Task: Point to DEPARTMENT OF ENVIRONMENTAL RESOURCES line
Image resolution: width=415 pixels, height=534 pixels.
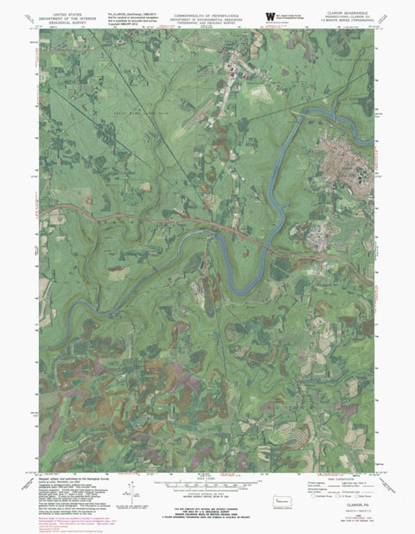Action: coord(207,20)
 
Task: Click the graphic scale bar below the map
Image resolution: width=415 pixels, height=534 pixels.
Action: coord(207,485)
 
